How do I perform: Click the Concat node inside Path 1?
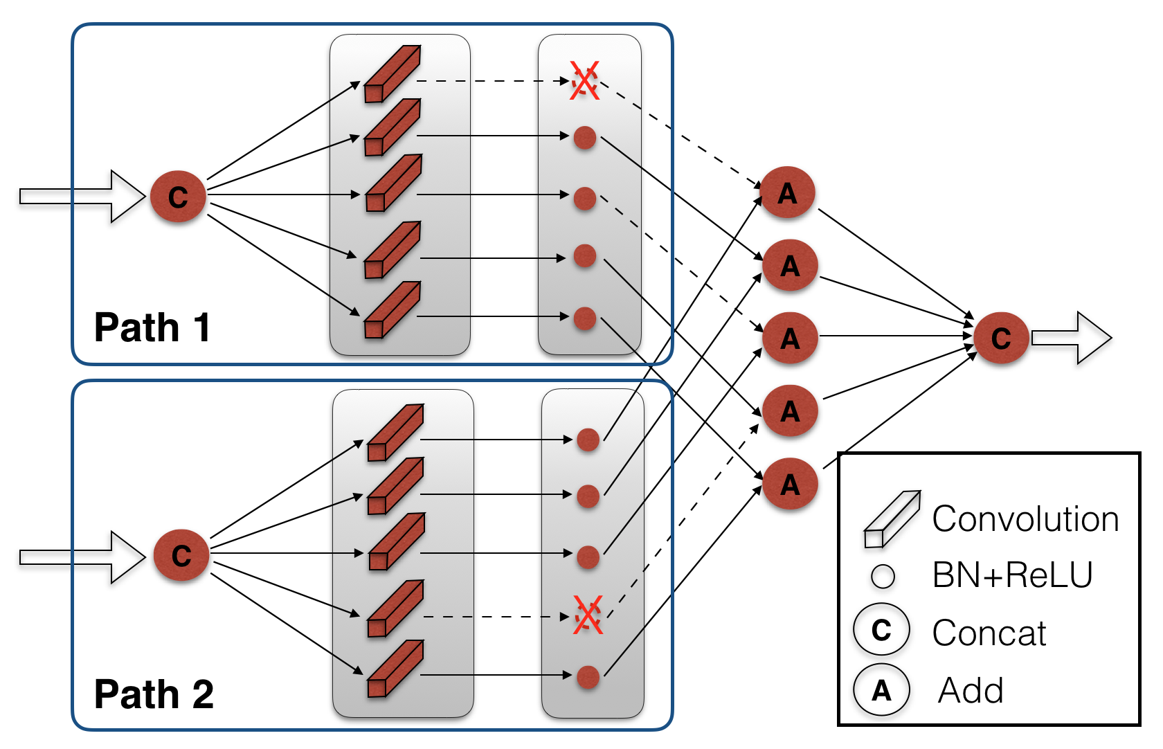[178, 197]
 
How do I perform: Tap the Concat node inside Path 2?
[181, 555]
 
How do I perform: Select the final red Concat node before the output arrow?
[1001, 338]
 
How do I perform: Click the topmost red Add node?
[787, 192]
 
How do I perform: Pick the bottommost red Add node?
[791, 484]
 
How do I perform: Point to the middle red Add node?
[791, 338]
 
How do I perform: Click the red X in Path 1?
[584, 80]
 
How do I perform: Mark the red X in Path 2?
[588, 615]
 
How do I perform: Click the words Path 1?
[152, 327]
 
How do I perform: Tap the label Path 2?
[154, 694]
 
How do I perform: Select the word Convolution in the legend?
[1025, 518]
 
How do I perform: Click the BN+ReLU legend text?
[1012, 575]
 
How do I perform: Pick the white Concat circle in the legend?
[882, 630]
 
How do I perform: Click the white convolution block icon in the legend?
[892, 519]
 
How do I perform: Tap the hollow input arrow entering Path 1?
[82, 197]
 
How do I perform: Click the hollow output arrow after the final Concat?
[1072, 338]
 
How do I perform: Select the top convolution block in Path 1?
[393, 73]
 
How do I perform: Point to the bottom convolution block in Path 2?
[396, 669]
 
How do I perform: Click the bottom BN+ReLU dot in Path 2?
[588, 677]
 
